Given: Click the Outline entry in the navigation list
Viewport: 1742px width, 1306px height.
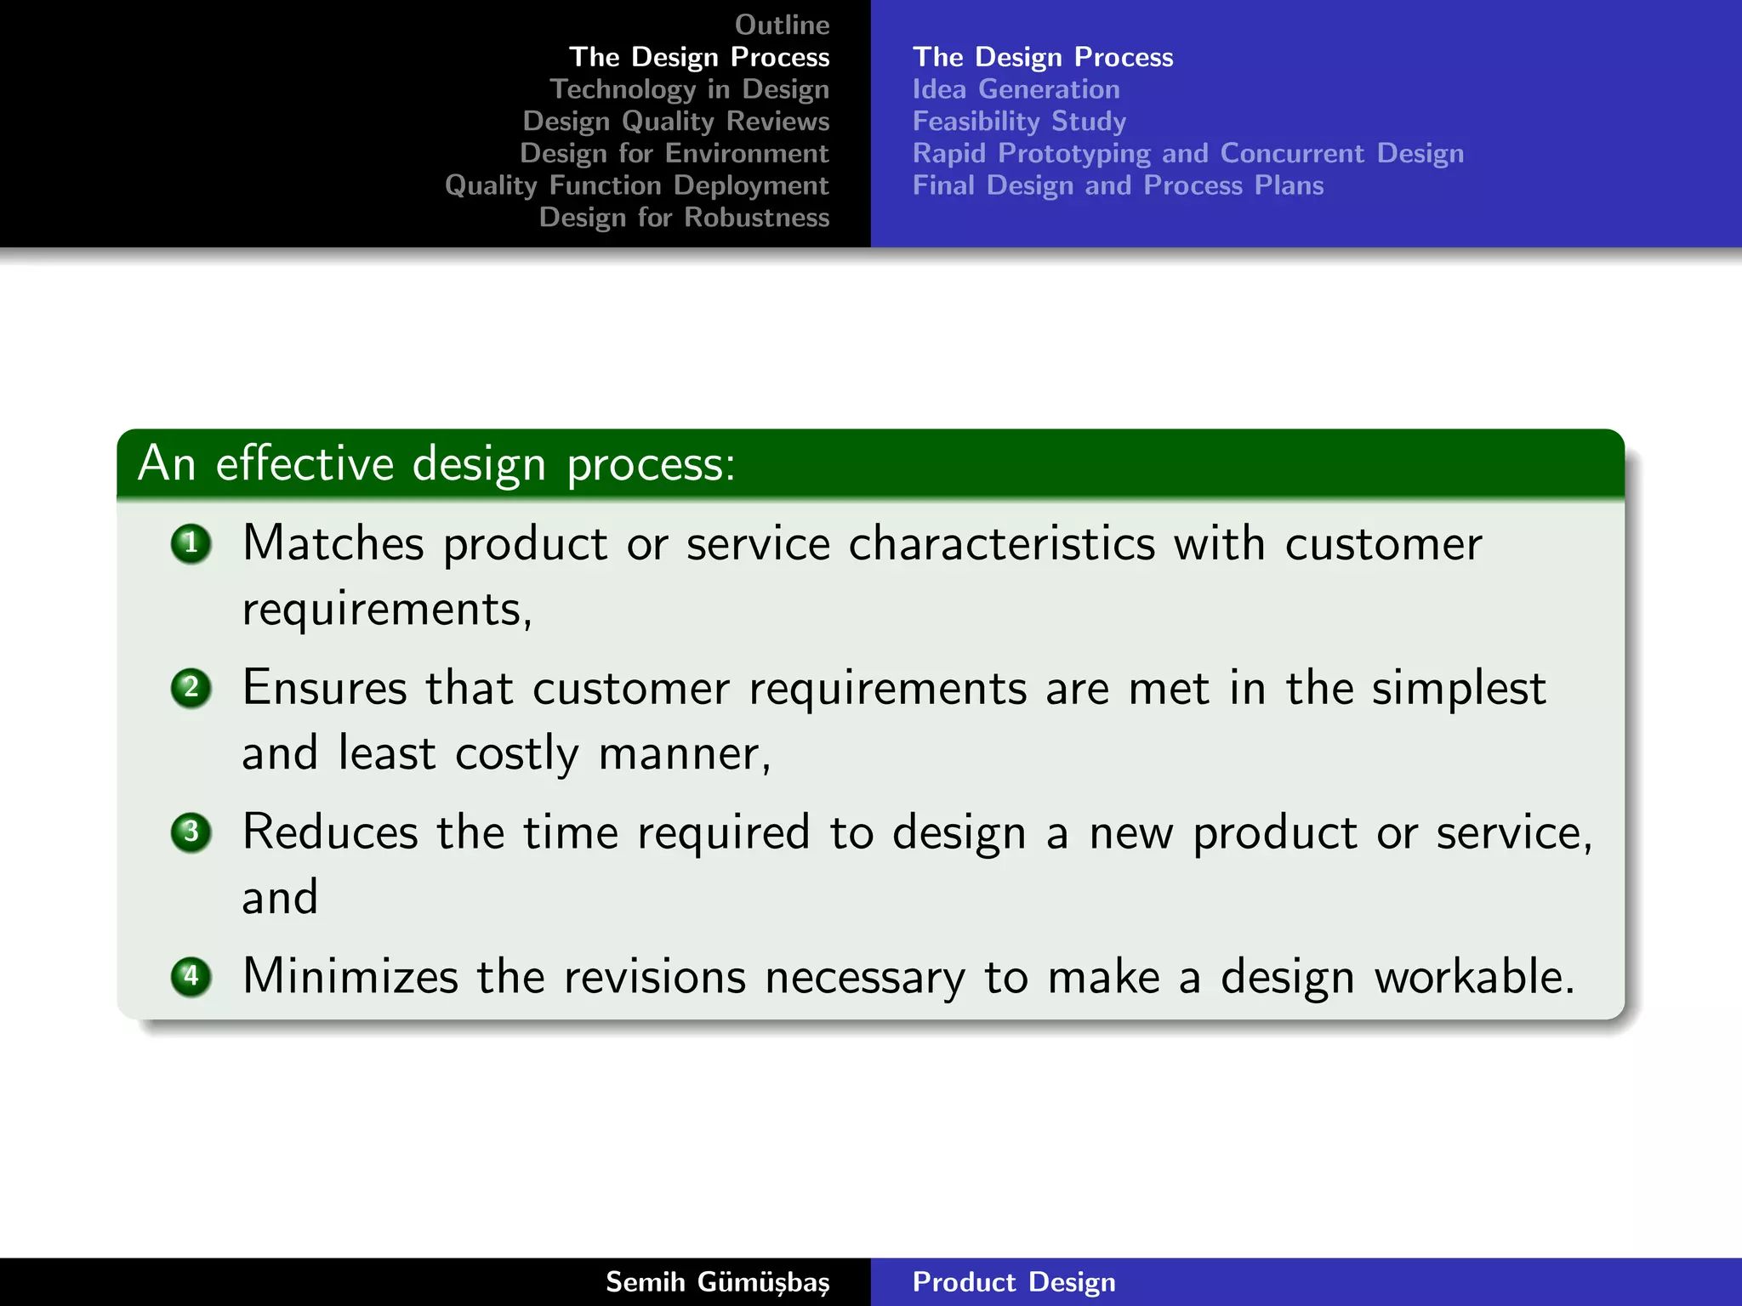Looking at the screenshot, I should (x=782, y=25).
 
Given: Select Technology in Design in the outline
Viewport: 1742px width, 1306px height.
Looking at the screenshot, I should (x=689, y=89).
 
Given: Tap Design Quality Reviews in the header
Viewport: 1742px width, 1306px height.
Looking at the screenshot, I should (x=675, y=122).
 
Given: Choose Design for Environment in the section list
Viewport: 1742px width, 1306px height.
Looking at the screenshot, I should (x=674, y=154).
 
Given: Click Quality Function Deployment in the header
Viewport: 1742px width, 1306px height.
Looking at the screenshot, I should (x=636, y=185).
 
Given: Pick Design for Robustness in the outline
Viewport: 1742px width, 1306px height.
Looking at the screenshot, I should (x=684, y=218).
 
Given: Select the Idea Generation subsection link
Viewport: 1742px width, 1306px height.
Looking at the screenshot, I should (x=1016, y=89).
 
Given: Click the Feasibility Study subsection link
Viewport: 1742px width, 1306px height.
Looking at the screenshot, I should (x=1019, y=122).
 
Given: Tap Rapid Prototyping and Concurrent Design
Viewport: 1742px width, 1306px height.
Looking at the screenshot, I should (x=1187, y=154).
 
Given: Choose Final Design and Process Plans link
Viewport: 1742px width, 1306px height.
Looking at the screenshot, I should (x=1118, y=185).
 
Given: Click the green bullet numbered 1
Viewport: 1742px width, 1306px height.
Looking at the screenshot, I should (x=191, y=543).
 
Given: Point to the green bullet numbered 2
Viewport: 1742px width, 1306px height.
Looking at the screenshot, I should (x=191, y=687).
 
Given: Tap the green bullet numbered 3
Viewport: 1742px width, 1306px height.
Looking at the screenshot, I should (x=191, y=832).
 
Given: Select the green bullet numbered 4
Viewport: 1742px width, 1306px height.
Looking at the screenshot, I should (x=191, y=975).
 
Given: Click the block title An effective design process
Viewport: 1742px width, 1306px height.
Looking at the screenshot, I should (x=435, y=464).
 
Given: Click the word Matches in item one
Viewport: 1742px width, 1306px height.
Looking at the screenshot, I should (x=333, y=543).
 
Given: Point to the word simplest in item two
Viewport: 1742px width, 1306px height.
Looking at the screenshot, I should (x=1458, y=689).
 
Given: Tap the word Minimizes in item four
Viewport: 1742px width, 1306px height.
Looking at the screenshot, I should (x=350, y=976).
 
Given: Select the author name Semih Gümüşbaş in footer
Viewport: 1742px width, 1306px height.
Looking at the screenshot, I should (x=717, y=1282).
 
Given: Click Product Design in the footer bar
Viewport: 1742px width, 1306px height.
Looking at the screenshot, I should (x=1013, y=1282).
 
